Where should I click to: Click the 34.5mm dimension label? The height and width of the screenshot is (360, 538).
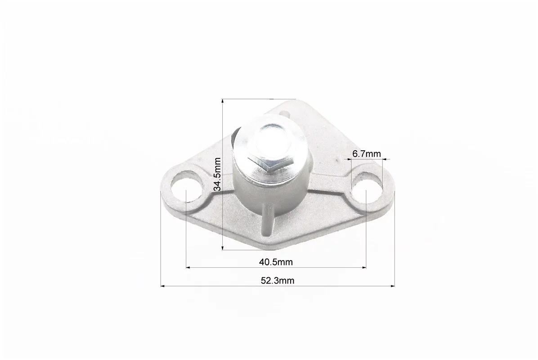coord(217,174)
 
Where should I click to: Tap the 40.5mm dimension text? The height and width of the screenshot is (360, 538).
coord(276,262)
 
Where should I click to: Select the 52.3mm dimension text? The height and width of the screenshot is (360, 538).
coord(278,281)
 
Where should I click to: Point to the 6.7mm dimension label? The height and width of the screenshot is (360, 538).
coord(367,154)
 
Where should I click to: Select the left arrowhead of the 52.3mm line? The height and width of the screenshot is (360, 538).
coord(163,286)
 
